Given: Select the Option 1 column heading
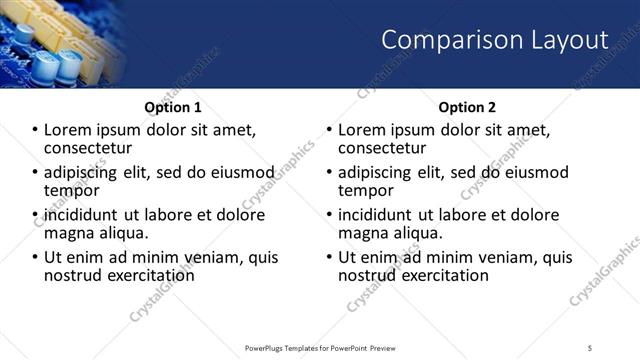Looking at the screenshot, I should click(x=173, y=107).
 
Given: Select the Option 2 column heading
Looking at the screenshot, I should click(x=467, y=107).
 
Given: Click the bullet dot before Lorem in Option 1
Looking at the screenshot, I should click(x=35, y=130).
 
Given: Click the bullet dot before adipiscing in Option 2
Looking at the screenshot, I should click(x=329, y=173).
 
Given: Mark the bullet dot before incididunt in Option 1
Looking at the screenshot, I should click(x=35, y=215).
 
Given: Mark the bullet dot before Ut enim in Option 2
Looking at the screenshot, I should click(x=329, y=258).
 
